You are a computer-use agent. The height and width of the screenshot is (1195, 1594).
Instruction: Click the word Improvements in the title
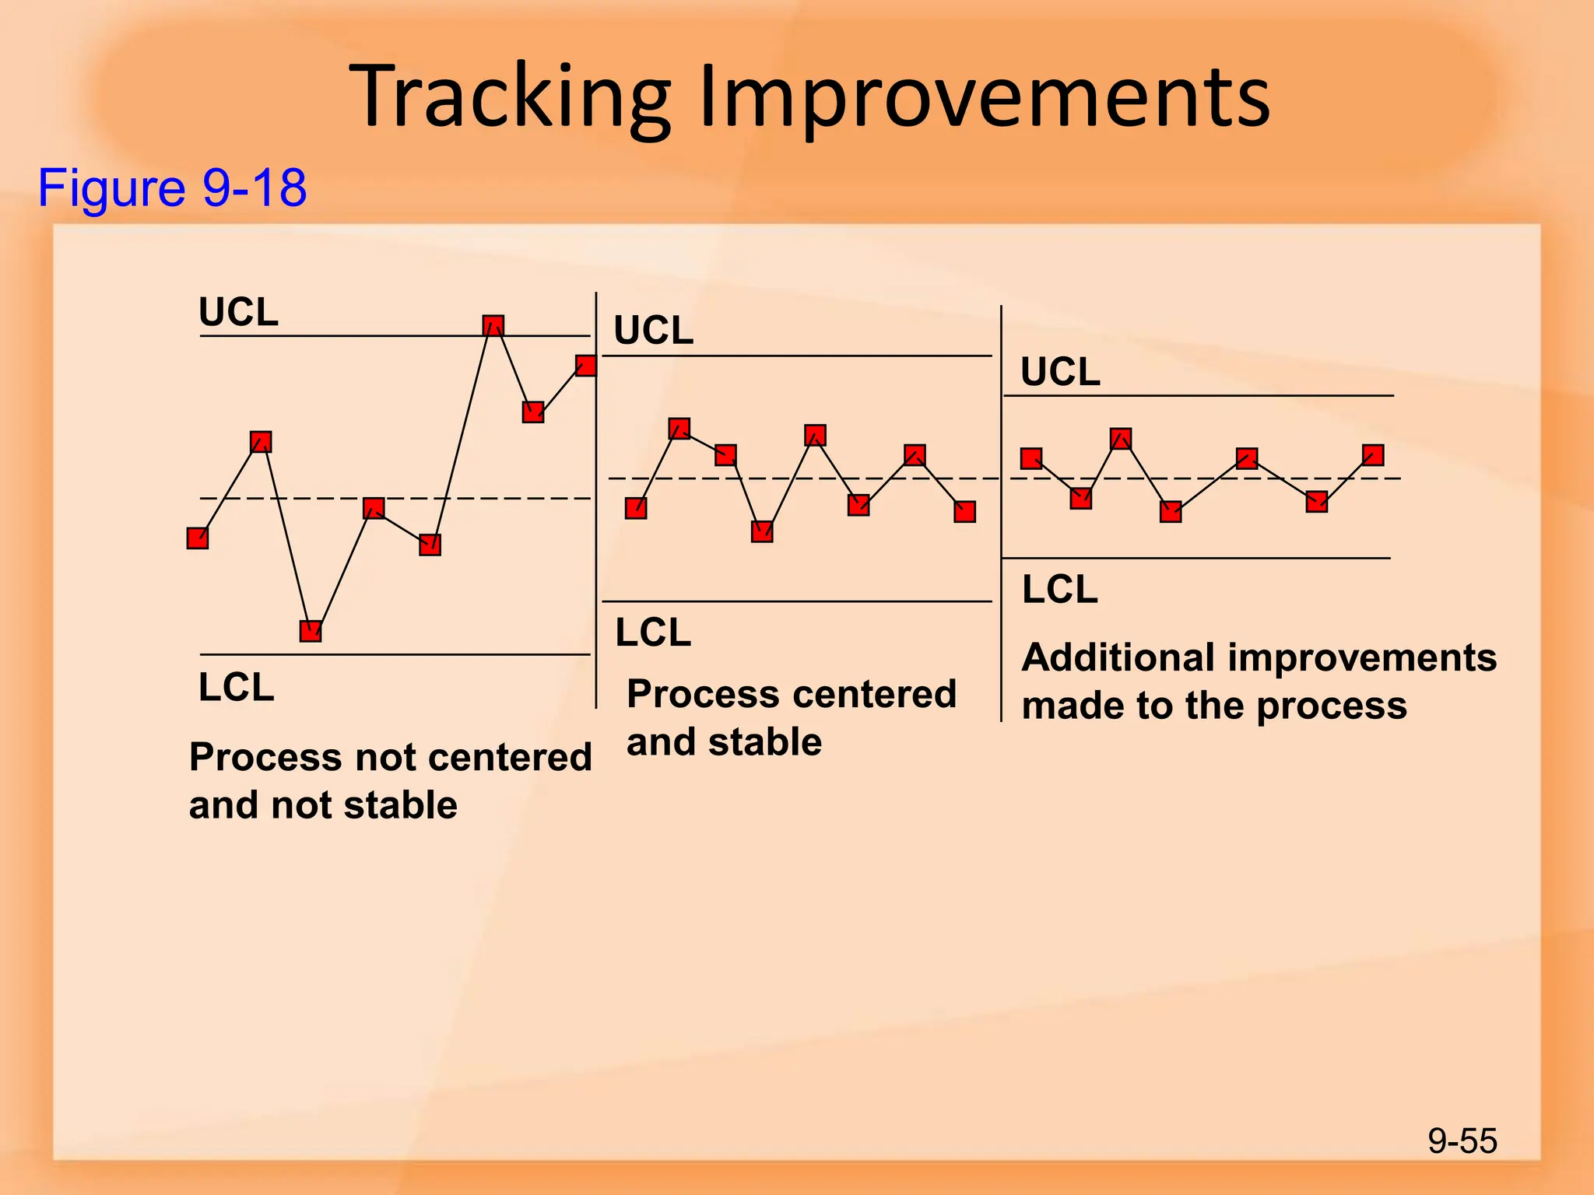click(984, 97)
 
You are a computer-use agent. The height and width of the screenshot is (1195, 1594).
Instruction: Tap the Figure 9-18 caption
click(172, 187)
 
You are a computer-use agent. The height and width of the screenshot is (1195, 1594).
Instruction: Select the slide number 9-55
click(1462, 1141)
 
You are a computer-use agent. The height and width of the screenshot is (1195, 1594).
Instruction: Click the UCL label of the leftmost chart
click(238, 313)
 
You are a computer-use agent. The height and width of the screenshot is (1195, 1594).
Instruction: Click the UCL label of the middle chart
click(653, 331)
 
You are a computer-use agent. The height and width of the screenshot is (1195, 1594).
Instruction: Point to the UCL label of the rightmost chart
click(1060, 372)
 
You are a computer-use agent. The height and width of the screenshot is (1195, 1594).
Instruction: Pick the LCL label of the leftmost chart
click(236, 688)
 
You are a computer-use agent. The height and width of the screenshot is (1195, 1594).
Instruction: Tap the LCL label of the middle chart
click(653, 633)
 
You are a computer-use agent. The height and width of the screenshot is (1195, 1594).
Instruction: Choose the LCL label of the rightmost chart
click(1059, 590)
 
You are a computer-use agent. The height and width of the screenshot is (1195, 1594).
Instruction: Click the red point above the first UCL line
click(493, 325)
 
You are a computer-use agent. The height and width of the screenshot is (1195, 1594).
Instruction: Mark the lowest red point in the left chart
click(311, 631)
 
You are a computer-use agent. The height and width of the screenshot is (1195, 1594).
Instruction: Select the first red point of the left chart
click(198, 538)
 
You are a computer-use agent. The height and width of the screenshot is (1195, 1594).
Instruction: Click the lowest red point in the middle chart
click(762, 531)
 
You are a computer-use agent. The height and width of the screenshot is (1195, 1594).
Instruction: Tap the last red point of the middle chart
click(964, 511)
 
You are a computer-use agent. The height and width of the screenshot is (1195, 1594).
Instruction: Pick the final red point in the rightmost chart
click(1373, 455)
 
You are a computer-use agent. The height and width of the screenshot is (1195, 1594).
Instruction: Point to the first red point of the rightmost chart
click(1031, 459)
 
